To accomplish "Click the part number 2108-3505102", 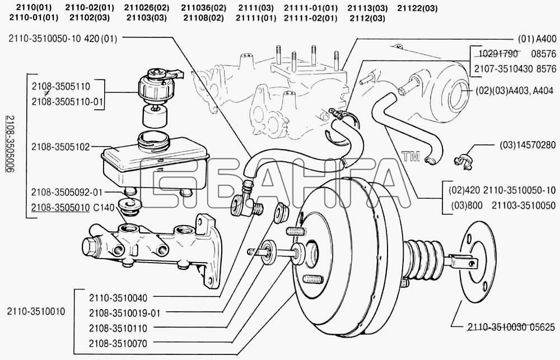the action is tap(60, 147).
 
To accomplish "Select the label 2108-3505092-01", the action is tap(67, 192).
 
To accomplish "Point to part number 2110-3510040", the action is tap(118, 297).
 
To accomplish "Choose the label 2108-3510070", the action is tap(118, 344).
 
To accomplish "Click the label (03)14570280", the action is tap(528, 145).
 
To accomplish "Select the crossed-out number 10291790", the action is tap(498, 54).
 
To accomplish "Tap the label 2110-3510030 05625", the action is tap(511, 327).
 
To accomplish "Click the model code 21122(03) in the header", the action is tap(417, 8).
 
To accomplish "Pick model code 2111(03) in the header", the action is tap(256, 8).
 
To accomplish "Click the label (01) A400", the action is tap(537, 39).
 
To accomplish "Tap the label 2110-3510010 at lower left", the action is tap(36, 311).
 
